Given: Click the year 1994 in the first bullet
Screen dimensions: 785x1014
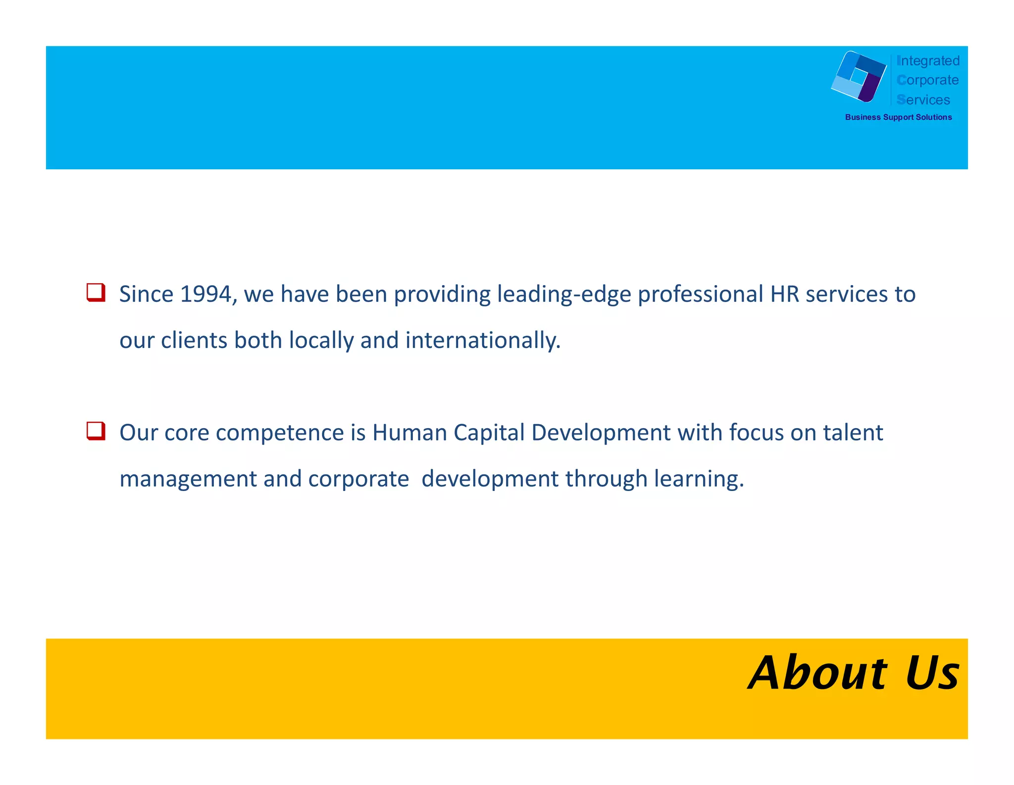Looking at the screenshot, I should click(205, 294).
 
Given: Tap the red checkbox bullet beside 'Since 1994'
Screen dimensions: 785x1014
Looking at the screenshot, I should click(96, 292).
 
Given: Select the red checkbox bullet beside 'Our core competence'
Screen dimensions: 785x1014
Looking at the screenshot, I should click(96, 431).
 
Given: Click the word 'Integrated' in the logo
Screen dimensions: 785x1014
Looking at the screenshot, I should click(928, 61).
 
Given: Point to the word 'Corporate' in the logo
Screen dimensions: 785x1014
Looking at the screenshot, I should click(927, 80).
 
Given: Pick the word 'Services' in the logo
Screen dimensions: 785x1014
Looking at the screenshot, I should click(923, 100).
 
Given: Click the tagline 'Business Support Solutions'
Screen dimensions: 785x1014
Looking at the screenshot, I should click(898, 117).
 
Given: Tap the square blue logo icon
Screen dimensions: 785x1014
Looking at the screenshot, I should click(859, 77).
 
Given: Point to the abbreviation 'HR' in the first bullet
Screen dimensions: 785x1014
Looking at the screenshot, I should click(785, 294).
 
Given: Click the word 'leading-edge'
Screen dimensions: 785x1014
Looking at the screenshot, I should click(564, 295).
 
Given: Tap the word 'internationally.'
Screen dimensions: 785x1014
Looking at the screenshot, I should click(483, 341).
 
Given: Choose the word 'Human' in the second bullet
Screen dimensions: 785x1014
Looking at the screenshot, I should click(410, 433).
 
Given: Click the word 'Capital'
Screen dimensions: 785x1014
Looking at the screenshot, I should click(489, 434).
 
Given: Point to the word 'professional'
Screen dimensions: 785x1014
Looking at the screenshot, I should click(701, 295).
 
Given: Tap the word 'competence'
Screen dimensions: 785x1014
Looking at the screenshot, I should click(280, 434).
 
